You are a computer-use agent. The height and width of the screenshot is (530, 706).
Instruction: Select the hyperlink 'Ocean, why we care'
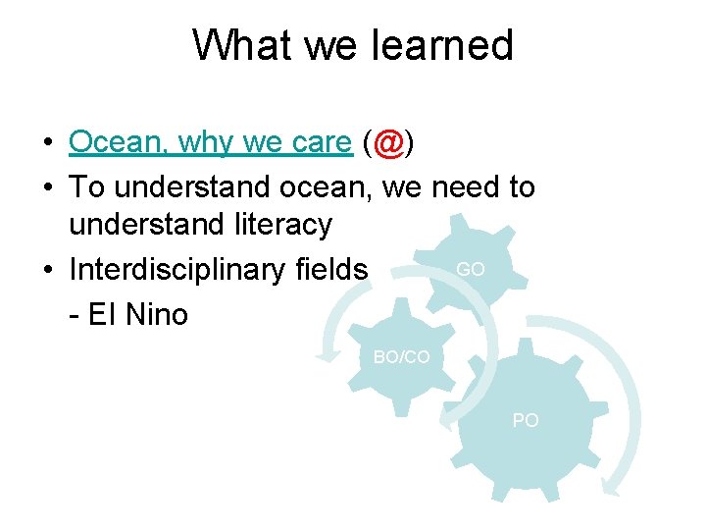(x=210, y=143)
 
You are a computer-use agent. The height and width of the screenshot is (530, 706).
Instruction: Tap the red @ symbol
(x=389, y=143)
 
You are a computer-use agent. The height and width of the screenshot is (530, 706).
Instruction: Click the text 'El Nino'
(x=137, y=315)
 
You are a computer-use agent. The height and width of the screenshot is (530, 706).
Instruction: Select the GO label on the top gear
(x=470, y=269)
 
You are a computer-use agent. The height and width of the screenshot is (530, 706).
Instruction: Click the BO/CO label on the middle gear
(x=401, y=357)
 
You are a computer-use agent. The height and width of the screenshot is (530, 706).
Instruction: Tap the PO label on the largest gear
(x=526, y=420)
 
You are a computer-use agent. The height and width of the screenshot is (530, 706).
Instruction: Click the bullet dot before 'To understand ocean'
(x=47, y=187)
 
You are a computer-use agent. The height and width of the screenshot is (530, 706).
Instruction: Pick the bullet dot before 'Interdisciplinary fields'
(x=47, y=270)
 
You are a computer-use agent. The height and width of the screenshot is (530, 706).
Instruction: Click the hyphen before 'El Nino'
(x=75, y=316)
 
